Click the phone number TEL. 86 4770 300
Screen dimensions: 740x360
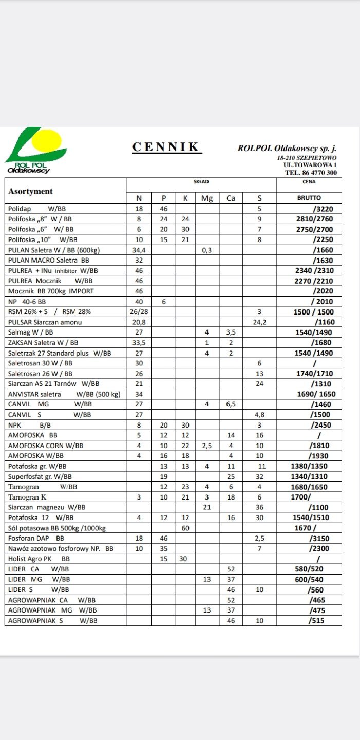click(x=311, y=173)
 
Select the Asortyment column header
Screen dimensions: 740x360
click(x=30, y=191)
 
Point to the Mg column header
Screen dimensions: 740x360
click(x=206, y=198)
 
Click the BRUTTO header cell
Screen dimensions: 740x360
click(x=309, y=197)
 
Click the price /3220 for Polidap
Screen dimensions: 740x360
click(x=323, y=209)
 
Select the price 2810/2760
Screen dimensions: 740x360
click(x=309, y=219)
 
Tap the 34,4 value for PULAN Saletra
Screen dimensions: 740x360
click(x=139, y=250)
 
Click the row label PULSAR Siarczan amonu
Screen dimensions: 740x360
click(x=45, y=322)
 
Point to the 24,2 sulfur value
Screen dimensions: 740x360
click(x=259, y=322)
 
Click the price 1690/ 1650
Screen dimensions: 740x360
click(x=309, y=394)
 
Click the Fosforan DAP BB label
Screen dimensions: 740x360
click(x=36, y=539)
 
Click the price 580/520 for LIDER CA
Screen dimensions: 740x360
click(x=309, y=569)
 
